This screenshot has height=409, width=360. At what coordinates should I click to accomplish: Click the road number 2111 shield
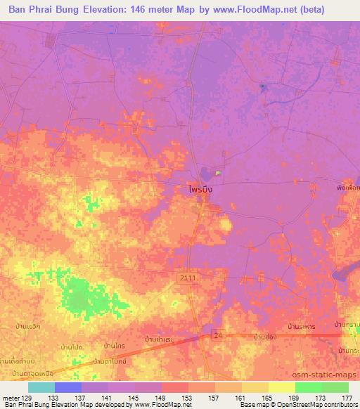point(186,280)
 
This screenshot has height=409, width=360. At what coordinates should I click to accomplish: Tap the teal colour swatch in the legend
point(41,387)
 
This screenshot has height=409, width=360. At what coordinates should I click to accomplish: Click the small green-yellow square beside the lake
point(218,173)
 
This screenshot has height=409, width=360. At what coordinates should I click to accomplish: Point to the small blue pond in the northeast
point(262,87)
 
